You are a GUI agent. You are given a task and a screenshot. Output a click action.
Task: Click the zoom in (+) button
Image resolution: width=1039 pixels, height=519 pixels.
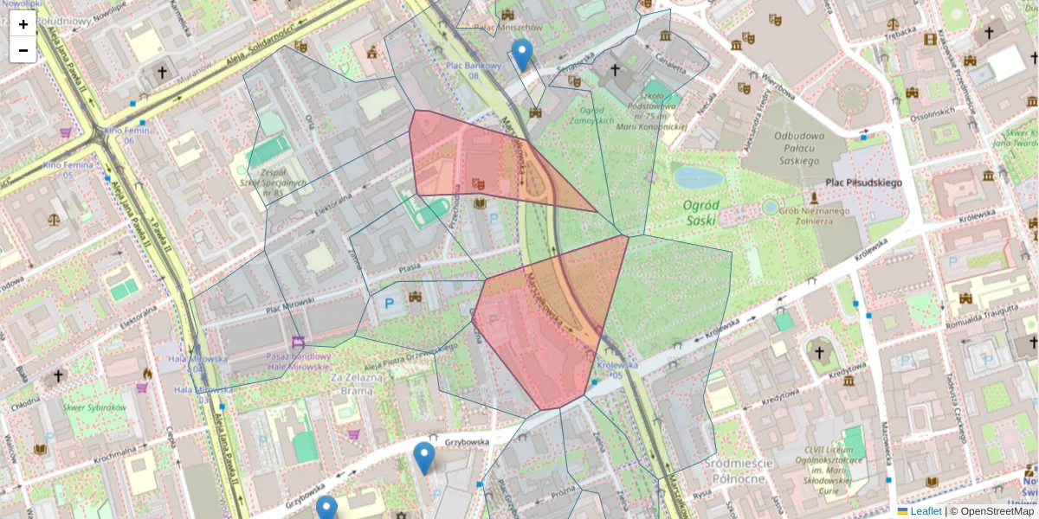pos(23,24)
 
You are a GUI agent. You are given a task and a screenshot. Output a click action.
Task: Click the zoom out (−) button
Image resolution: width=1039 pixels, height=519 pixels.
pos(23,49)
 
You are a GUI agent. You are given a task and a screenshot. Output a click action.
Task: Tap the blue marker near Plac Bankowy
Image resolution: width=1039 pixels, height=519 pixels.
pos(521,54)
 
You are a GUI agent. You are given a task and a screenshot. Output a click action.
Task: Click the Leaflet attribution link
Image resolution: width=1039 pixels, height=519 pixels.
pos(925,511)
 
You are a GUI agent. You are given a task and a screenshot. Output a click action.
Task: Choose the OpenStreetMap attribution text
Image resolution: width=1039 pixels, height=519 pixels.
pos(996,511)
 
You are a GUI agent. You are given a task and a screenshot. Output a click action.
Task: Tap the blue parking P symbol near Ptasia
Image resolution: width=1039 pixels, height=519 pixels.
pos(389,303)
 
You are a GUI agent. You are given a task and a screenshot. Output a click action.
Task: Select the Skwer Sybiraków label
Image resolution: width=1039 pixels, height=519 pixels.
pos(96,407)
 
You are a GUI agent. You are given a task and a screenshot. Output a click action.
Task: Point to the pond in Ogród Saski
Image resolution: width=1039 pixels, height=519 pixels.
pos(698,178)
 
